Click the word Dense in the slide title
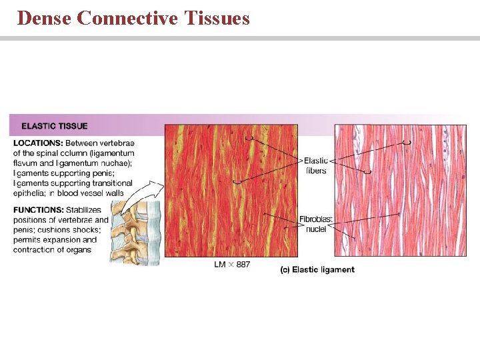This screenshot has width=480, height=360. (x=44, y=18)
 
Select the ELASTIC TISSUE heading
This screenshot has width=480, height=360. (x=55, y=126)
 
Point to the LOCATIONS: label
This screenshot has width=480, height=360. (x=38, y=143)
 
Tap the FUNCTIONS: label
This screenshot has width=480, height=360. (x=38, y=210)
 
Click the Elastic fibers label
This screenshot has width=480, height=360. (x=316, y=166)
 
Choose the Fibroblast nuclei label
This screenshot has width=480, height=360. (x=316, y=224)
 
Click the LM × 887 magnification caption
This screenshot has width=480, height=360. (x=232, y=265)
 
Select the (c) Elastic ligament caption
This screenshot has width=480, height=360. (x=317, y=269)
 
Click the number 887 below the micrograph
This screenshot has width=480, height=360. (x=243, y=265)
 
